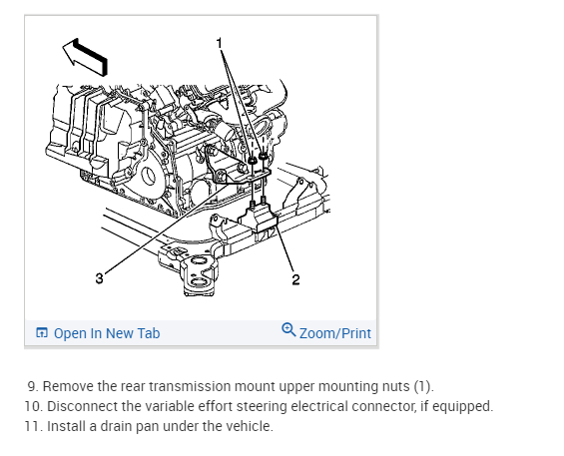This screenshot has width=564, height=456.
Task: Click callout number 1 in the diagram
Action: [219, 43]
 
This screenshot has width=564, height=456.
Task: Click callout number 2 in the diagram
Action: [295, 279]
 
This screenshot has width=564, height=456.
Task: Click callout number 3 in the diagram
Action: [99, 278]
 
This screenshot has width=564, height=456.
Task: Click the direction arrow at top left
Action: [85, 57]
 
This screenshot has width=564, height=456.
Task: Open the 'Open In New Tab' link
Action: [107, 333]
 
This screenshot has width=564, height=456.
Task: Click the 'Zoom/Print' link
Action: [334, 333]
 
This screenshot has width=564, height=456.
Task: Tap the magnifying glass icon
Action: [288, 329]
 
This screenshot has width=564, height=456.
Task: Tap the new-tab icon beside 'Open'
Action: [42, 333]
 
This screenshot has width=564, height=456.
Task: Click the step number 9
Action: [32, 386]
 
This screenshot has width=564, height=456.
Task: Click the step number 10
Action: [34, 406]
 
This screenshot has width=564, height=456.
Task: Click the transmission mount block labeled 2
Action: [259, 217]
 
